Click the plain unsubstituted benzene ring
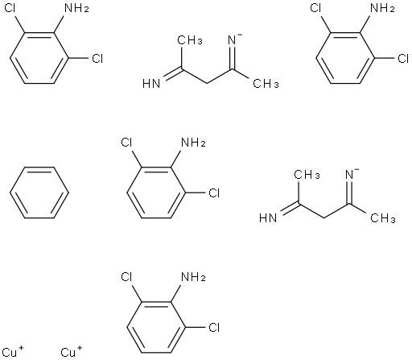tap(39, 168)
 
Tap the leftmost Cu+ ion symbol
tap(12, 352)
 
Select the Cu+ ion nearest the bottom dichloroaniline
tap(72, 352)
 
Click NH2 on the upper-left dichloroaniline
tap(77, 8)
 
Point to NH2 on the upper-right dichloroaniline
tap(382, 8)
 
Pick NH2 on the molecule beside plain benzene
tap(193, 143)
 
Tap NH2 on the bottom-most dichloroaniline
tap(193, 277)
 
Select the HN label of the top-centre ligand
tap(151, 84)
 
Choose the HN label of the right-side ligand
tap(268, 218)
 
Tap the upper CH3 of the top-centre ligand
tap(190, 40)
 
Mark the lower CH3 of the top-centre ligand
tap(266, 84)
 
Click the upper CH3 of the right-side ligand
tap(307, 175)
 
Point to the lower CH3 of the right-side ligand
tap(383, 218)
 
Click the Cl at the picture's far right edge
tap(403, 58)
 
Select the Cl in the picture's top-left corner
tap(10, 8)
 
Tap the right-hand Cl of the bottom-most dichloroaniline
tap(214, 327)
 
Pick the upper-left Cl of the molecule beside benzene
tap(126, 143)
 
